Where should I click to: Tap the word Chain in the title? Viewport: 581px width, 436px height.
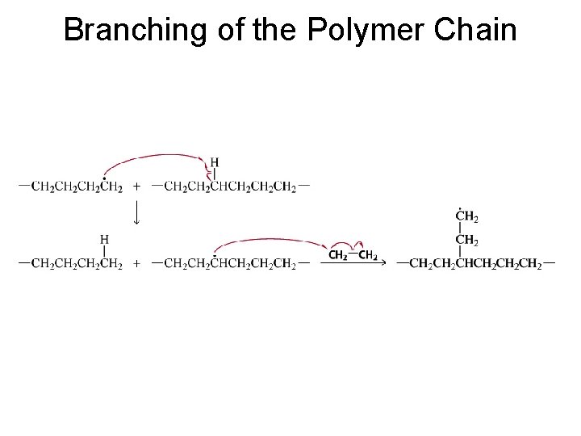coord(475,30)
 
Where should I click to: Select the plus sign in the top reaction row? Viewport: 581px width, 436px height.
coord(138,186)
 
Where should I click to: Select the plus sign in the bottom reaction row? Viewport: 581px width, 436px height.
coord(138,263)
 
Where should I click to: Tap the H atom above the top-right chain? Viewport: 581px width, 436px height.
coord(214,161)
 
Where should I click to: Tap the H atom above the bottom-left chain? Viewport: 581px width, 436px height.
coord(105,239)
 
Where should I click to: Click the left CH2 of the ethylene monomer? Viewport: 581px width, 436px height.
coord(340,256)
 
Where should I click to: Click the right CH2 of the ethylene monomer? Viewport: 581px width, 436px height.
coord(368,256)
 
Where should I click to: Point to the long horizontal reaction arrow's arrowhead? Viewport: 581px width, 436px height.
coord(384,263)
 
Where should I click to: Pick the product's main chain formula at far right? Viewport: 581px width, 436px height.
coord(476,263)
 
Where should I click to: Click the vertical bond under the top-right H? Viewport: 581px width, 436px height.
coord(214,174)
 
